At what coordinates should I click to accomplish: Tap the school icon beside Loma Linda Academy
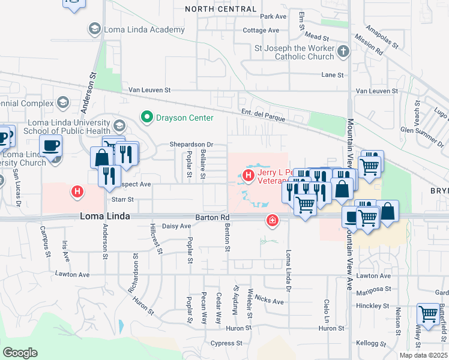click(x=94, y=28)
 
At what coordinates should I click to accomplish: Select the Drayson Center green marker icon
click(x=146, y=116)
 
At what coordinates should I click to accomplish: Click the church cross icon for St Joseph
click(x=343, y=52)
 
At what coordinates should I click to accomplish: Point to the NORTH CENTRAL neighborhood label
click(x=220, y=8)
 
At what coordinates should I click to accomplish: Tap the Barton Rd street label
click(x=212, y=218)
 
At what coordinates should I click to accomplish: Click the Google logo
click(x=20, y=353)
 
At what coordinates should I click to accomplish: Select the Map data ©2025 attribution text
click(x=423, y=355)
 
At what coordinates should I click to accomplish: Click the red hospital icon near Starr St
click(x=77, y=192)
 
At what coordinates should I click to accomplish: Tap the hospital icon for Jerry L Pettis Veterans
click(x=248, y=176)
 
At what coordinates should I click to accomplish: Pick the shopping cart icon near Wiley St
click(x=428, y=314)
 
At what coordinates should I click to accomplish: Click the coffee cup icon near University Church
click(x=50, y=145)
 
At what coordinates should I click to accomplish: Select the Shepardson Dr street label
click(x=191, y=145)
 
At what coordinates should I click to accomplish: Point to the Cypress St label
click(x=226, y=344)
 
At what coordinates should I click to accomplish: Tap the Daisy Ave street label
click(x=176, y=226)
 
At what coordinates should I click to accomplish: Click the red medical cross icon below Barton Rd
click(x=273, y=221)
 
